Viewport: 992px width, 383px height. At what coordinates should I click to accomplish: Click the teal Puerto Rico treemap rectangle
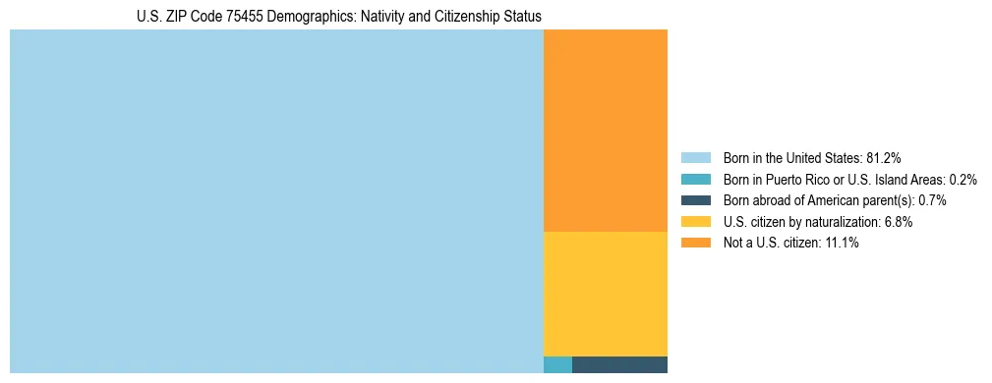pos(557,364)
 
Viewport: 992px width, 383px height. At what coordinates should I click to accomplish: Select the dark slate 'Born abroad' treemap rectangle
pos(619,364)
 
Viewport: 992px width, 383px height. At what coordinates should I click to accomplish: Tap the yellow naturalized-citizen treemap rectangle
pos(606,294)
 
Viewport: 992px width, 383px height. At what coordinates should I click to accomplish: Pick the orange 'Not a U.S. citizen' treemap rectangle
pos(606,131)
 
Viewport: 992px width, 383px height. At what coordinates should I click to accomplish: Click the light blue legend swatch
pos(695,157)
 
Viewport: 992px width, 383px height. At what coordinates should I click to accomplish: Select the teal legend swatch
pos(695,179)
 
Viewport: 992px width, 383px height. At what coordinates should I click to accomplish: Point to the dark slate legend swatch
pos(695,200)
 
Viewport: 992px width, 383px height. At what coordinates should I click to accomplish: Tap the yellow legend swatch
pos(695,222)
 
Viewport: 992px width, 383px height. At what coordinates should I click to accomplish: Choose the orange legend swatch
pos(695,243)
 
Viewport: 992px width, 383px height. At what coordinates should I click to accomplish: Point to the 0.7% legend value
pos(932,200)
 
